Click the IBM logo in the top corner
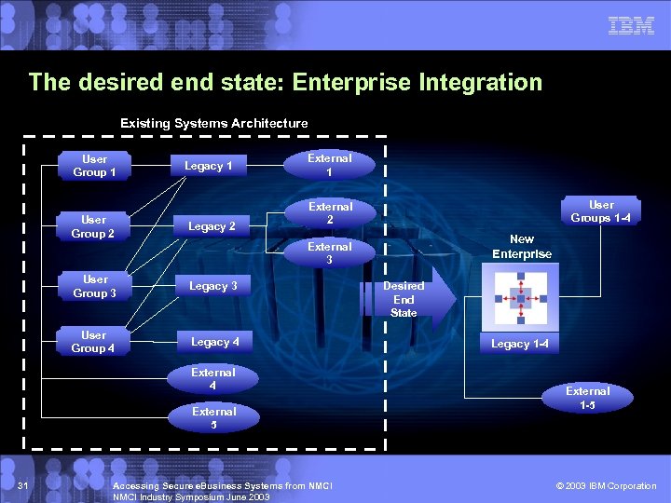(631, 26)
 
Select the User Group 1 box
(94, 166)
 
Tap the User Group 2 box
(93, 226)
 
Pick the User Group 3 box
(94, 286)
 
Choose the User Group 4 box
(93, 342)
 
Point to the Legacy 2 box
(212, 226)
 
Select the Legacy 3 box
(213, 286)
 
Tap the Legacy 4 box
(214, 342)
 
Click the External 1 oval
(330, 165)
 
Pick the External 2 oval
(330, 213)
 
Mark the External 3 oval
(330, 252)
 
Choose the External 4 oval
(213, 378)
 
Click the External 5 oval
(213, 417)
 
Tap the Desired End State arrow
(416, 299)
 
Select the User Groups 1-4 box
(601, 211)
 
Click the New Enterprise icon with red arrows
(522, 298)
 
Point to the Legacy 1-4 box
(520, 344)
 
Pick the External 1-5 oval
(588, 398)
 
